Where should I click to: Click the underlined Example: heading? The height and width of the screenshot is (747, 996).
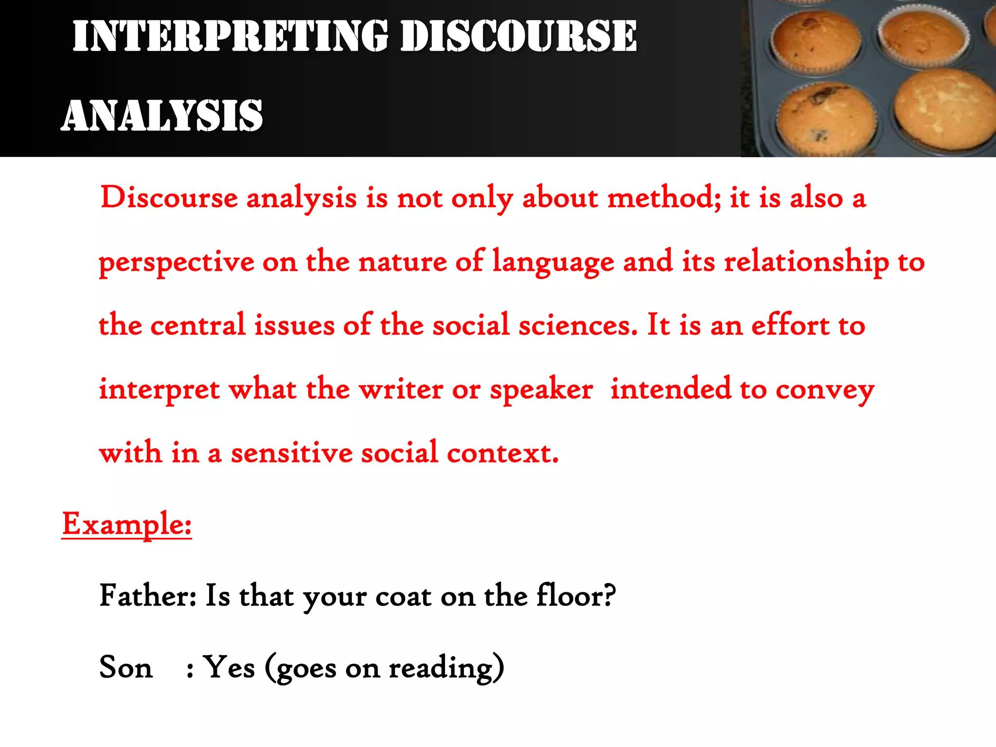pos(127,524)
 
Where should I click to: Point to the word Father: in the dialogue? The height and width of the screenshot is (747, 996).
pos(148,595)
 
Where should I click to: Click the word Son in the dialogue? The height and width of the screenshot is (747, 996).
pos(126,667)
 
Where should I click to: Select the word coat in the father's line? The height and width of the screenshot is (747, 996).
pos(403,596)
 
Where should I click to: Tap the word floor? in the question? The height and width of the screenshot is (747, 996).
pos(576,595)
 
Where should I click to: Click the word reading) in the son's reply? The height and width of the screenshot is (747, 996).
pos(446,668)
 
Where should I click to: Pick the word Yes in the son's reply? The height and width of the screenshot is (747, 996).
pos(229,667)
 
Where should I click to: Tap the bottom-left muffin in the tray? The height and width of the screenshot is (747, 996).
pos(826,117)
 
